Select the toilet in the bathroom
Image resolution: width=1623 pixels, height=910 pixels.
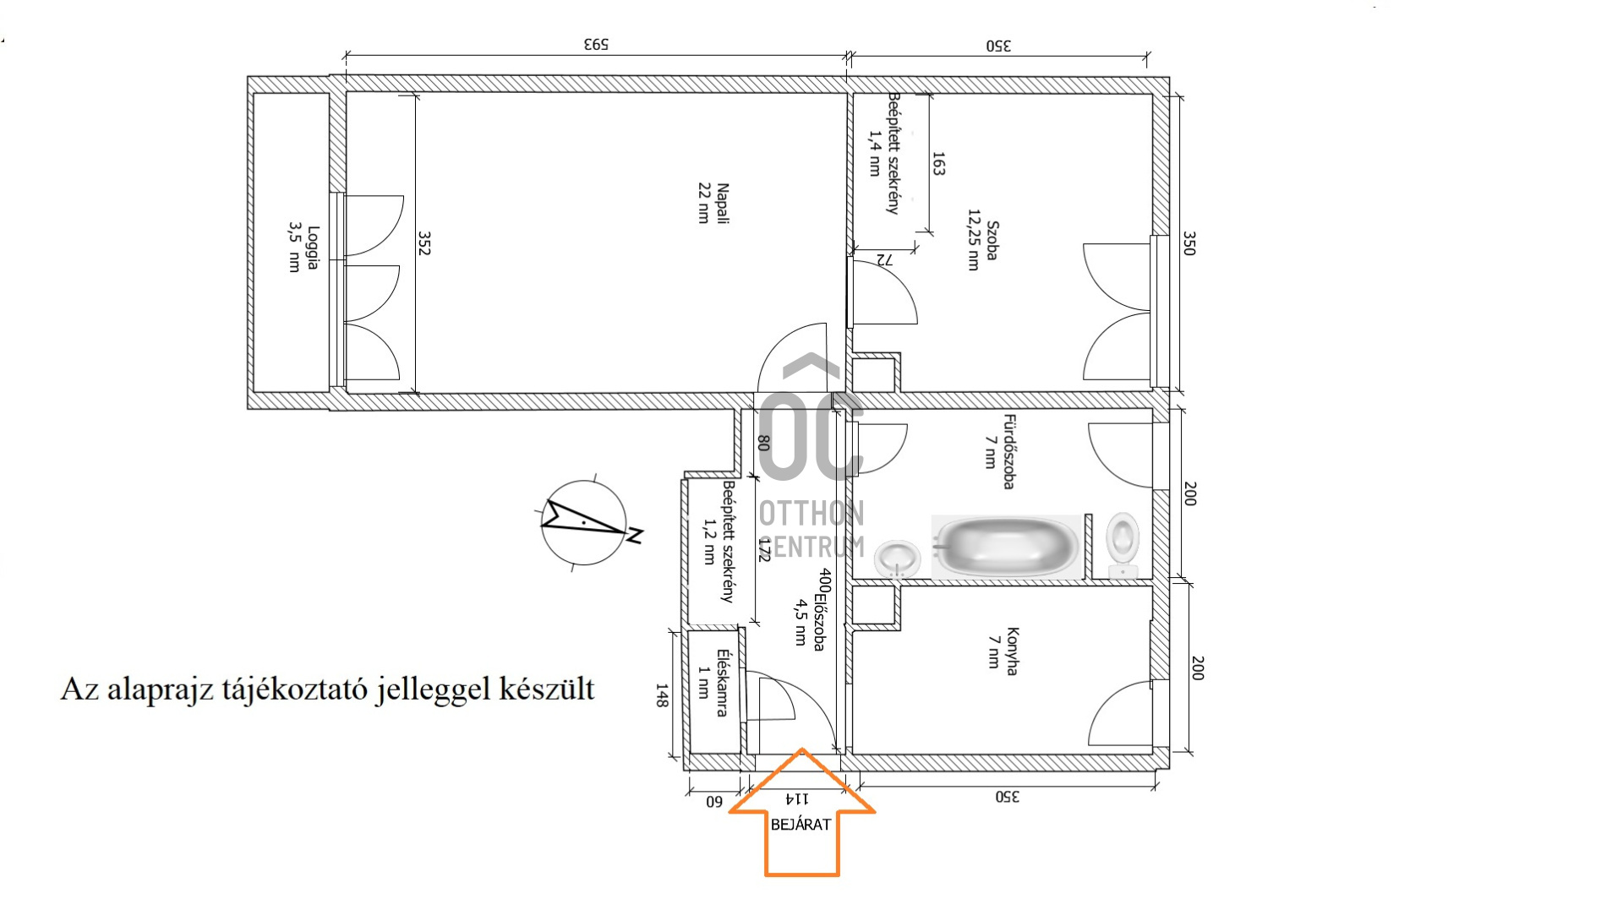point(1123,545)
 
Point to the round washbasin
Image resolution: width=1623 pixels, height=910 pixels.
point(897,559)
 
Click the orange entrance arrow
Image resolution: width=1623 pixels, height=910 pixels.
point(801,813)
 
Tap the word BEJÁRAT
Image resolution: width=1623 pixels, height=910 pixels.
point(801,824)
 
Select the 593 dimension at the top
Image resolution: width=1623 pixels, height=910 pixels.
point(596,44)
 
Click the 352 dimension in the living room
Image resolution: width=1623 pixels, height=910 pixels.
point(424,243)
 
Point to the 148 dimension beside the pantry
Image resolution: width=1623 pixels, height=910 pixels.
point(662,695)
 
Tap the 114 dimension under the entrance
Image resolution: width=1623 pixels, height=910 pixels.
point(797,798)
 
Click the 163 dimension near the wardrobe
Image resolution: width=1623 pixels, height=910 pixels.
point(938,164)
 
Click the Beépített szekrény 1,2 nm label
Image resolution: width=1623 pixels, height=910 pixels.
point(718,542)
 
